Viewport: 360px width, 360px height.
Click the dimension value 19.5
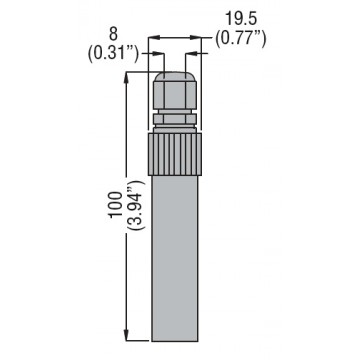point(241,19)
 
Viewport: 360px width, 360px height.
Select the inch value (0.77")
point(241,39)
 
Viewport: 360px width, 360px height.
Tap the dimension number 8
point(113,35)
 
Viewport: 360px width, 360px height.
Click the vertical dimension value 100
point(116,205)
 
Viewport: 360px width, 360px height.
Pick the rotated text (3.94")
point(136,205)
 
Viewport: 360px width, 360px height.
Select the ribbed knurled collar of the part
point(174,154)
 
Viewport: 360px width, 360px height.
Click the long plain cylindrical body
point(175,258)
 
